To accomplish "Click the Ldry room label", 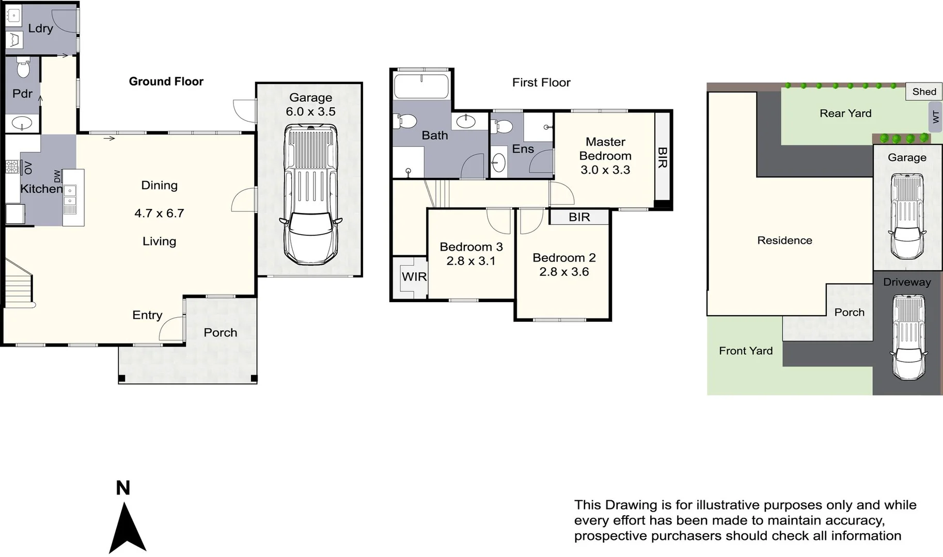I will [x=40, y=28].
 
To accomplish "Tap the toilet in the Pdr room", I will [x=23, y=68].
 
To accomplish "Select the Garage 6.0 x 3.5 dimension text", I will [x=310, y=112].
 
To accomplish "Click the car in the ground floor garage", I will [x=310, y=196].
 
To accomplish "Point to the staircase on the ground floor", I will [x=19, y=289].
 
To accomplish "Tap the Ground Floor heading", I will [x=166, y=81].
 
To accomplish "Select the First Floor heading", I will [x=541, y=83].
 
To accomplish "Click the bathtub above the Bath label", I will [x=421, y=86].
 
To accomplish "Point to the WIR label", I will [x=414, y=277].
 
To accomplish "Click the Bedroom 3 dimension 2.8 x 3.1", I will [x=470, y=261].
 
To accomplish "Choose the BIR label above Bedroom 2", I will [x=579, y=217].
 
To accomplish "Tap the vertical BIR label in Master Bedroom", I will [x=662, y=157].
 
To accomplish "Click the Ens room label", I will [x=523, y=149].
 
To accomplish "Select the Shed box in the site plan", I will [x=923, y=92].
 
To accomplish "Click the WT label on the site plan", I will [x=935, y=118].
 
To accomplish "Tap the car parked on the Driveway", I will [x=907, y=338].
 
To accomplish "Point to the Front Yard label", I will [x=745, y=351].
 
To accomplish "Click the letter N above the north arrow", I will [x=123, y=488].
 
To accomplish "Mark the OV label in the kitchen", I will [x=28, y=168].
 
